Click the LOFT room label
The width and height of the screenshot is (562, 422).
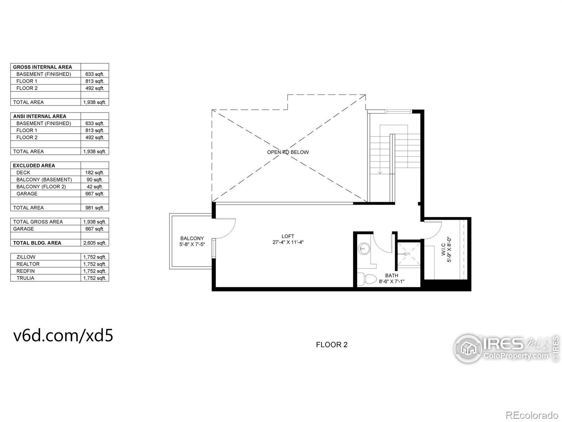click(x=288, y=236)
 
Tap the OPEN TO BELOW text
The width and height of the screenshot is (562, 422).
click(x=288, y=152)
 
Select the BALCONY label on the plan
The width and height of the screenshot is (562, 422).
click(x=192, y=238)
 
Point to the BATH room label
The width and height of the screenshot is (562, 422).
click(x=392, y=275)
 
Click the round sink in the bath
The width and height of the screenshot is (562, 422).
click(x=364, y=249)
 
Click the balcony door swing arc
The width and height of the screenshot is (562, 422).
click(x=230, y=229)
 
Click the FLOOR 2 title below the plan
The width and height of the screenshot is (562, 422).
click(x=332, y=345)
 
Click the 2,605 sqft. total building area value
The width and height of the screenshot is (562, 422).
click(x=95, y=243)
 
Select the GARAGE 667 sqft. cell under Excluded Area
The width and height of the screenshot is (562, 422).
click(x=95, y=194)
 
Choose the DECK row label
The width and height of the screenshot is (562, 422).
click(x=23, y=173)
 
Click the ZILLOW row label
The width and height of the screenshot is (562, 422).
click(x=26, y=257)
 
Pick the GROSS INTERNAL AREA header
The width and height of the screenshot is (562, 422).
click(x=43, y=67)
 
